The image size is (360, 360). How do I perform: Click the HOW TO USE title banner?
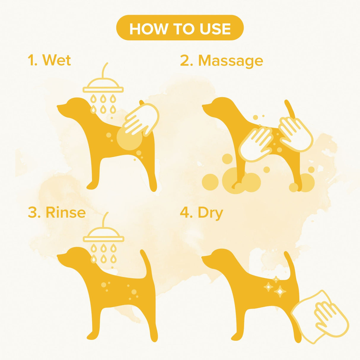point(180,28)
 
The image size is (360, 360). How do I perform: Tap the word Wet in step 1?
point(57,60)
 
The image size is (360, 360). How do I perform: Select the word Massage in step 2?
point(230,61)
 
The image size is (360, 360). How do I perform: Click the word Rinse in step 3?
point(66,213)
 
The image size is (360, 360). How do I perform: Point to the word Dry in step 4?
point(210,213)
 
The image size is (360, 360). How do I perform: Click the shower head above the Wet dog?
point(103,86)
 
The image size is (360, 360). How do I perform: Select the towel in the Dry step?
point(320,317)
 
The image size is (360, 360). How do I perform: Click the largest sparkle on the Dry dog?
point(280,291)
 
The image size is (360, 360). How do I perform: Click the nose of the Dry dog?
point(203,257)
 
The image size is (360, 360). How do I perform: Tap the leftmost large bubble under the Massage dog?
point(210,182)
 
